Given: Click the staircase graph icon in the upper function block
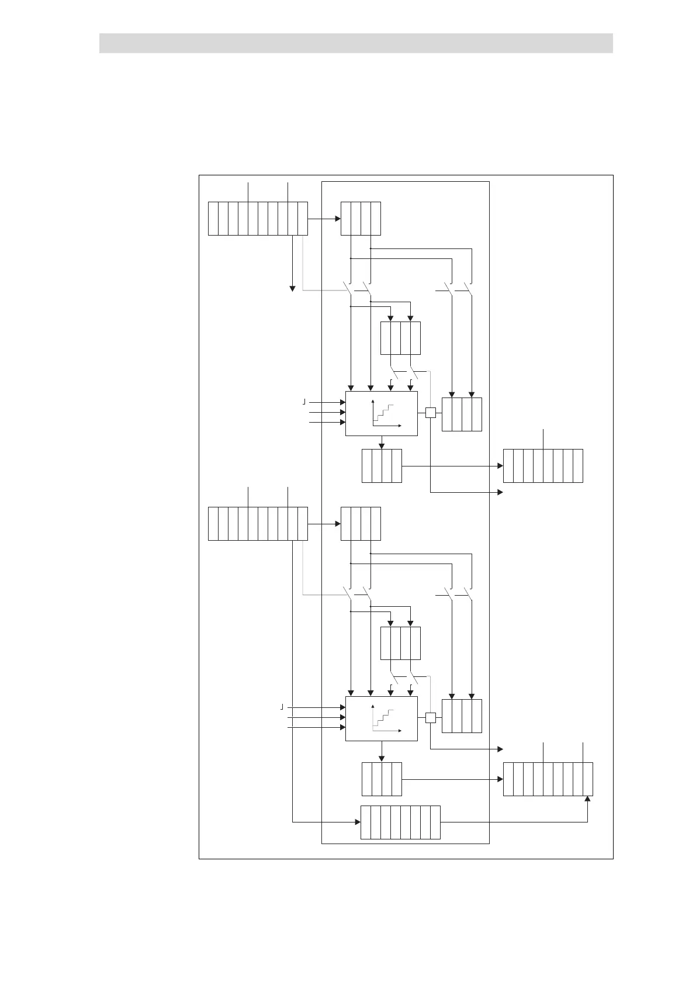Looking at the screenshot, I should (383, 414).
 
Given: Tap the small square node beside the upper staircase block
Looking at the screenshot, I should (431, 413).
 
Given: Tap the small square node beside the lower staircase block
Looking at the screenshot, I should (431, 718).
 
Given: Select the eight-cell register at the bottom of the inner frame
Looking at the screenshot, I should (400, 822).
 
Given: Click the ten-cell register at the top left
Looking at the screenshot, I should (258, 219).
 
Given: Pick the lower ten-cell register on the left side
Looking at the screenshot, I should (258, 524).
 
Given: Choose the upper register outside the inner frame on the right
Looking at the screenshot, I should (543, 466).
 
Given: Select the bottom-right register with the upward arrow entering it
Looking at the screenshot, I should (548, 779).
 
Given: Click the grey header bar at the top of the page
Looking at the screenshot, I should (356, 43).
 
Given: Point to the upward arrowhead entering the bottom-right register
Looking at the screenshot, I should (588, 800).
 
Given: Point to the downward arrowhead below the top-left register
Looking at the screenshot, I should (292, 288).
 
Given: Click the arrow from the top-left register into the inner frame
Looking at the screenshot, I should (324, 219).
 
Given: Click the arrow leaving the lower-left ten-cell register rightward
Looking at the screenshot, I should (324, 524).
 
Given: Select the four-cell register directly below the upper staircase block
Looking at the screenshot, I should (382, 466).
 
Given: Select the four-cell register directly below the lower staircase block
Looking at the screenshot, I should (382, 779).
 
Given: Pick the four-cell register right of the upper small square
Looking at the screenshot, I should (462, 414).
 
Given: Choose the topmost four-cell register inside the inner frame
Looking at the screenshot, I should (361, 219).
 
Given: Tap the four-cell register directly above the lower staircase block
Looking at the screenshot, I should (400, 643).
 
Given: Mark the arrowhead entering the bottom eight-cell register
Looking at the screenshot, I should (357, 822).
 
